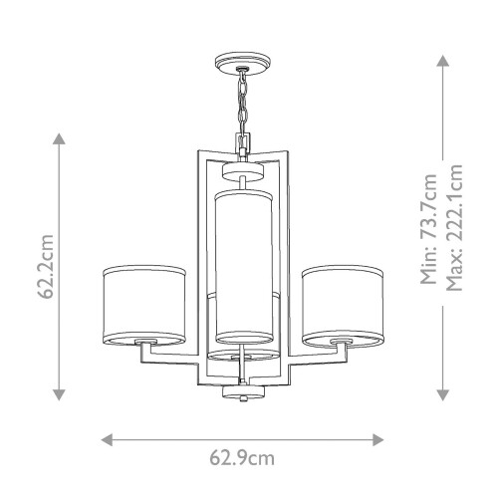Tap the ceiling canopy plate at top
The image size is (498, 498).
(x=243, y=67)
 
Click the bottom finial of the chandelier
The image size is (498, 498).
(x=243, y=394)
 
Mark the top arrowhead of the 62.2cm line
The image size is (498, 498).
(x=59, y=136)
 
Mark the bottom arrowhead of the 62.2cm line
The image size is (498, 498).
(x=59, y=392)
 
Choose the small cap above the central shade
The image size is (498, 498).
(x=243, y=176)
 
